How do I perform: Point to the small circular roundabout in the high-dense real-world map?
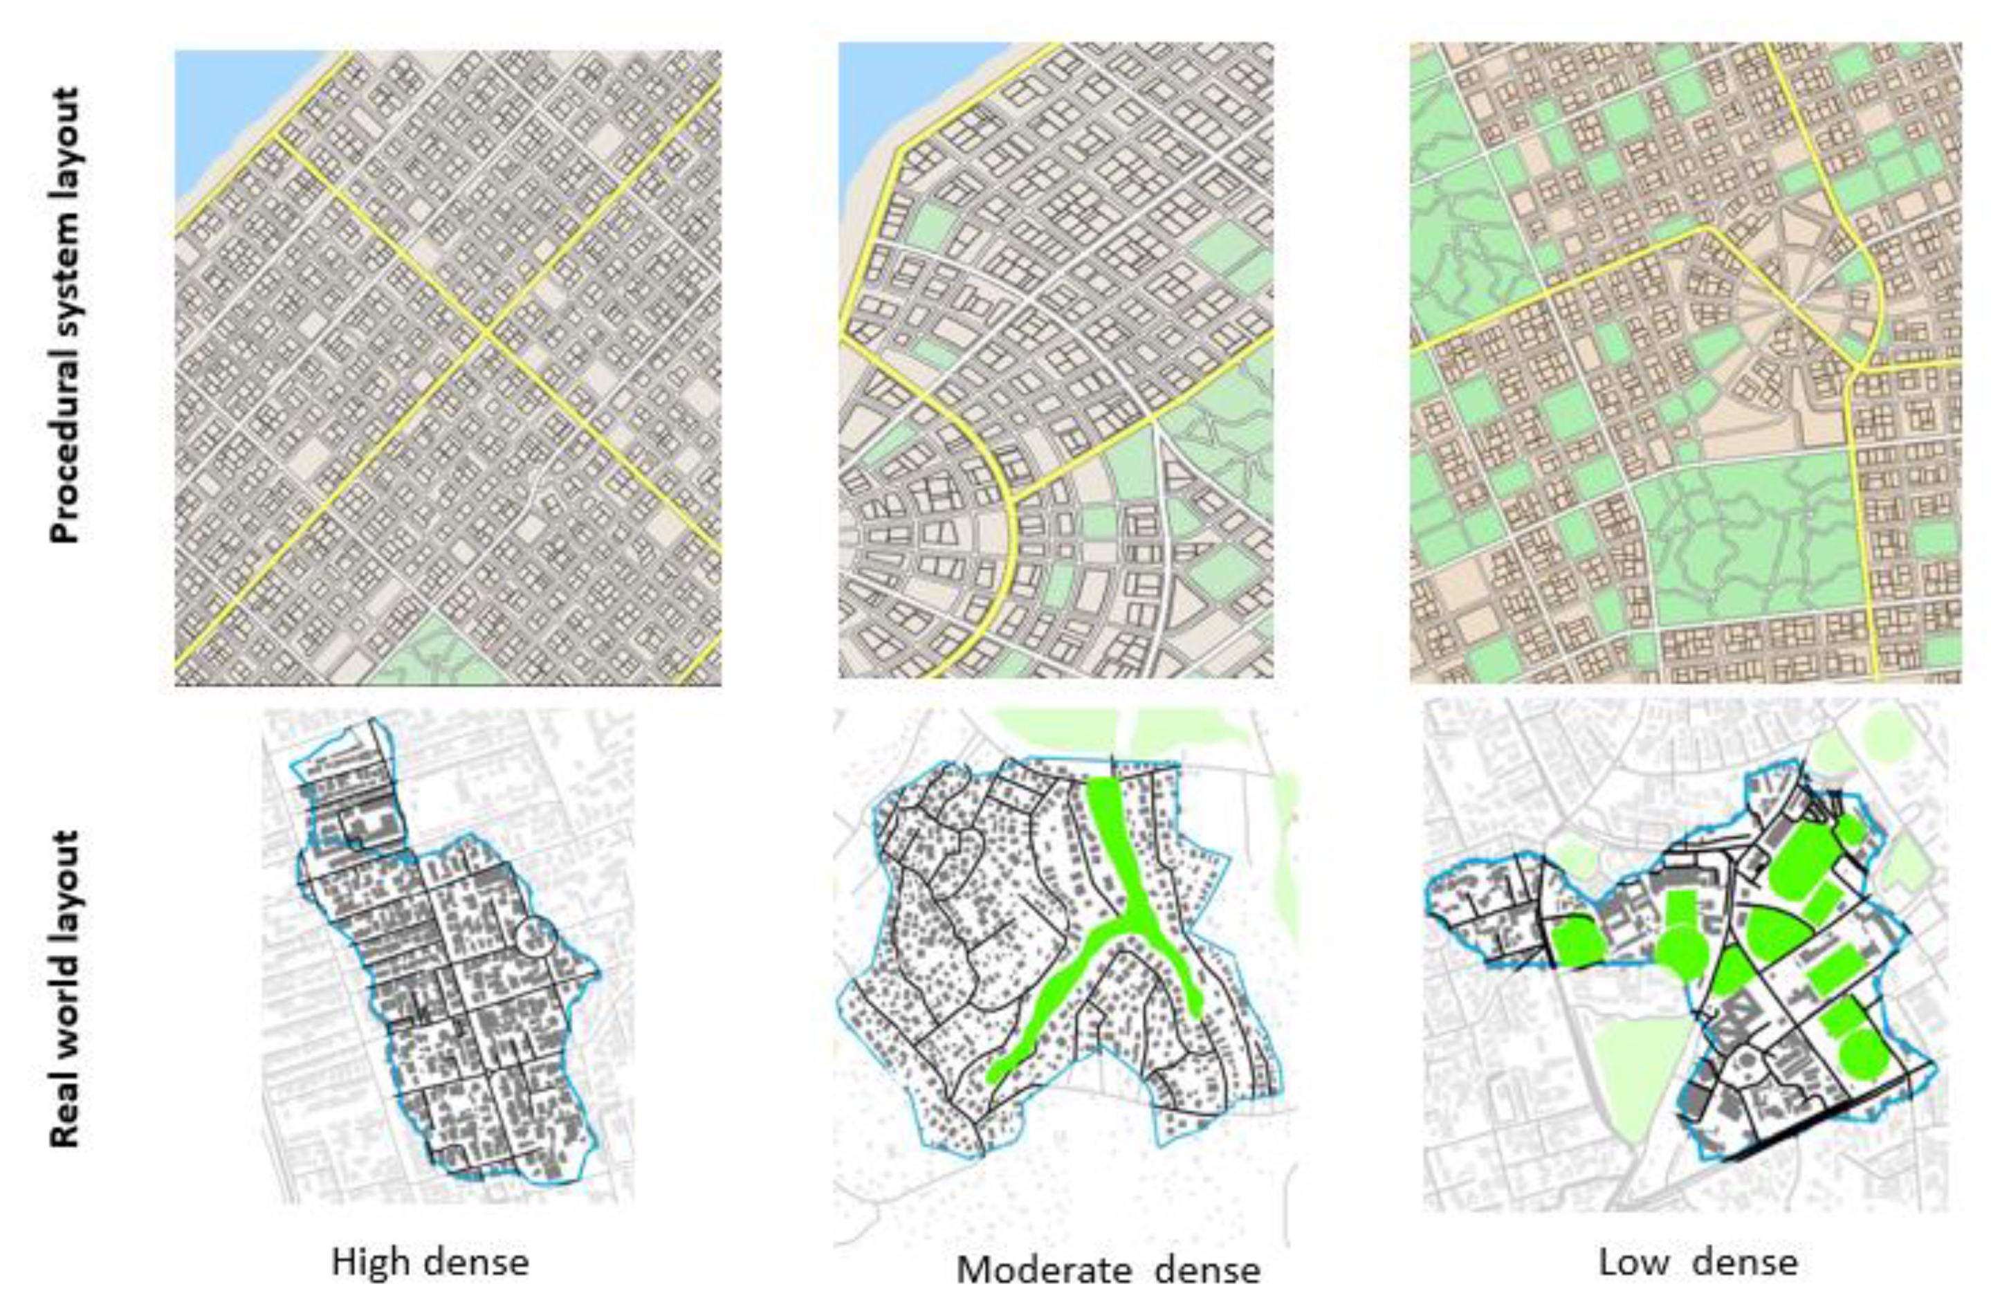point(535,935)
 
